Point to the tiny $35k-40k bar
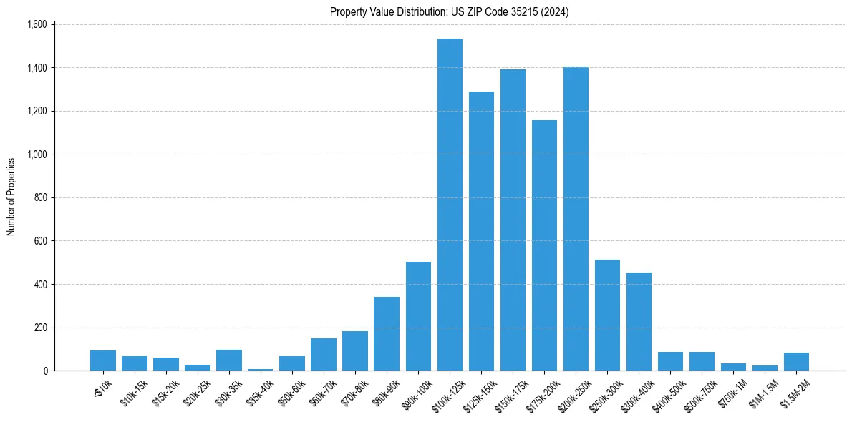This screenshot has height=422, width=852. pos(261,369)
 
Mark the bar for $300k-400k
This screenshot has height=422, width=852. pos(639,322)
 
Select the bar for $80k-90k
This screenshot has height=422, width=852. pos(387,333)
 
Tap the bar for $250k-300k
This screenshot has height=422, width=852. pos(607,315)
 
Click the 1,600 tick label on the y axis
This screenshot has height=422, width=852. pos(37,25)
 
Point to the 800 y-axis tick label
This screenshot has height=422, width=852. pos(40,198)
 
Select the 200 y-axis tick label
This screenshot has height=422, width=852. pos(40,328)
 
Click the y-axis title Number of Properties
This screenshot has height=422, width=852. pos(11,197)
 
